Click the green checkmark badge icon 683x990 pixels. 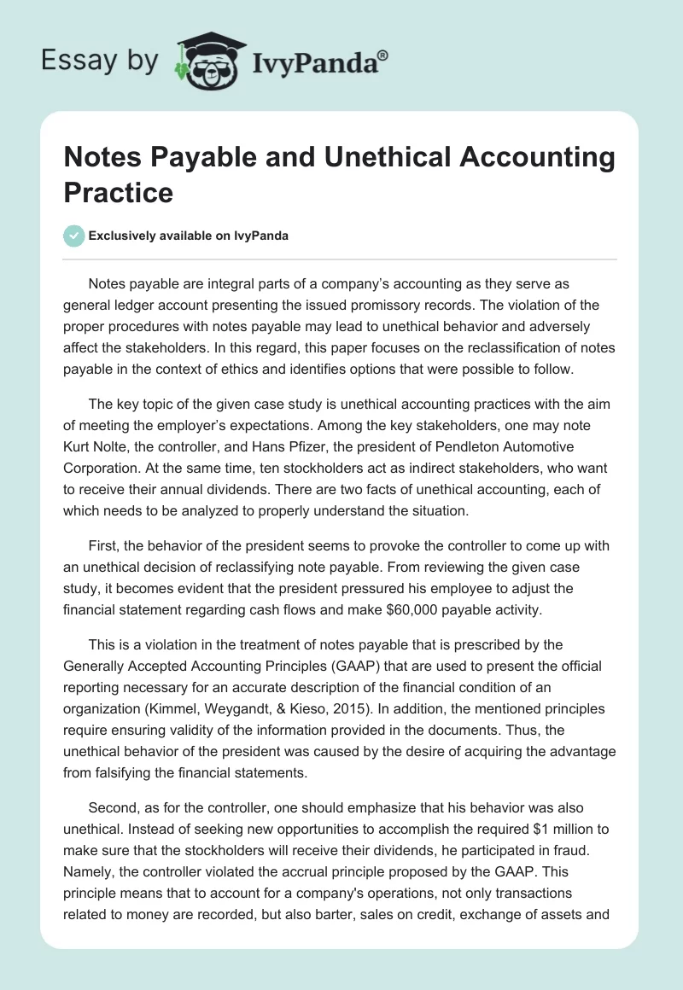[74, 236]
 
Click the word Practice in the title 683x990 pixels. [119, 192]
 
